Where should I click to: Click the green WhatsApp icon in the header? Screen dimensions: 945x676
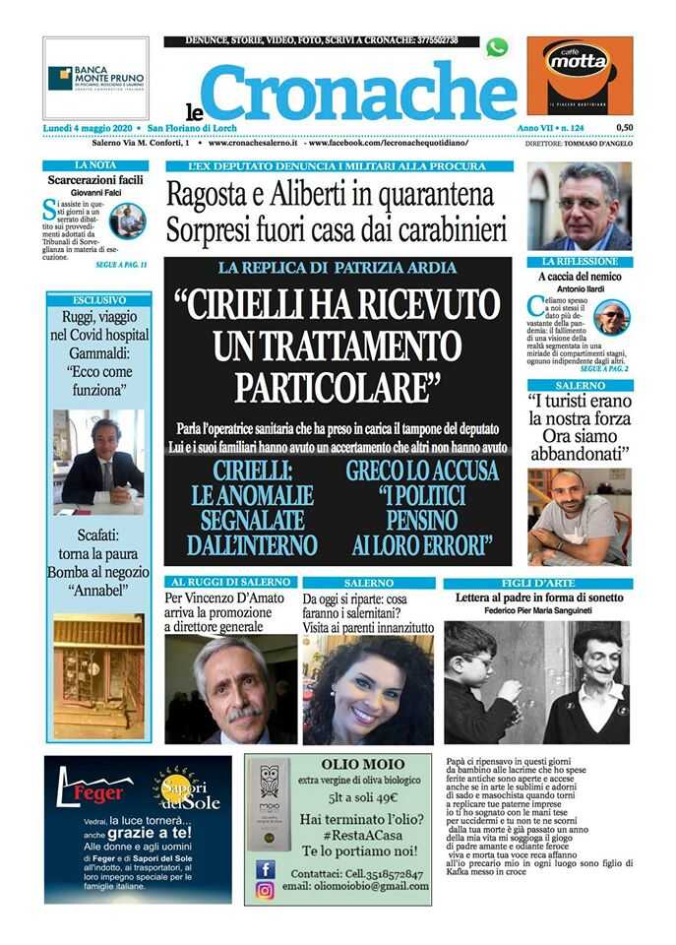coord(496,47)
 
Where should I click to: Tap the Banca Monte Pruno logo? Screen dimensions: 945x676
coord(95,78)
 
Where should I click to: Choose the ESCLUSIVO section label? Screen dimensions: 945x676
coord(98,298)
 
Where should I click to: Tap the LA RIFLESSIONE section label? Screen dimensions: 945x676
coord(581,262)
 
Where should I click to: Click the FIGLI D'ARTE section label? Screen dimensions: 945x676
coord(536,583)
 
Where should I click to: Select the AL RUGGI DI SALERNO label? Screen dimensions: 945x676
coord(229,583)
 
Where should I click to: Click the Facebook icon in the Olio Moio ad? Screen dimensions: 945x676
coord(266,869)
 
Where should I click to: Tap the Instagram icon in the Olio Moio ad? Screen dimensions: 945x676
coord(266,890)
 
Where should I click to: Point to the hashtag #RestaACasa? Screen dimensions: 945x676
coord(338,834)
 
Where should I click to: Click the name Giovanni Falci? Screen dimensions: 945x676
coord(95,194)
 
